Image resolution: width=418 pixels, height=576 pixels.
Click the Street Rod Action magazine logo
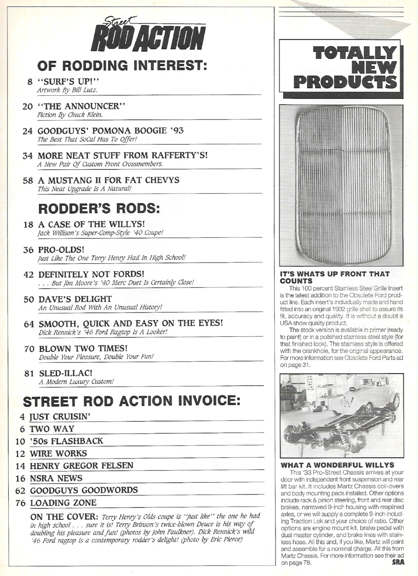[148, 35]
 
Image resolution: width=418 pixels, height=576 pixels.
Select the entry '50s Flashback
[66, 441]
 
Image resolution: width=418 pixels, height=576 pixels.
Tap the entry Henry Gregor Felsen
[81, 466]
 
